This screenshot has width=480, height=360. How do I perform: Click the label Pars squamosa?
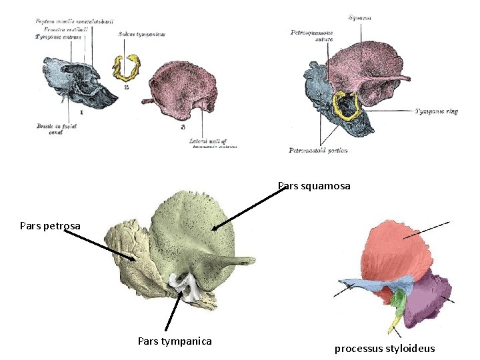point(313,186)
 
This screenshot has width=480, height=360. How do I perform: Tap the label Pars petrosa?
point(50,226)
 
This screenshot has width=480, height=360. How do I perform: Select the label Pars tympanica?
point(175,341)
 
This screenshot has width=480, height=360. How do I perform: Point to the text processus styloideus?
point(385,349)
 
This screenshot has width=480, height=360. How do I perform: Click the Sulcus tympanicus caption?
point(141,34)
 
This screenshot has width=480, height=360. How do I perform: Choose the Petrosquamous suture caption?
point(312,35)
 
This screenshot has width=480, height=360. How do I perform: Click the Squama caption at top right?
point(359,18)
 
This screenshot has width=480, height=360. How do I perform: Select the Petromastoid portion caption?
point(318,151)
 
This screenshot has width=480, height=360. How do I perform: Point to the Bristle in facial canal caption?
point(56,127)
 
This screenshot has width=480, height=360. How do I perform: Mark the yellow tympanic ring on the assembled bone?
point(347,105)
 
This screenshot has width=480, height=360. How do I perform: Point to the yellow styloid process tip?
point(394,327)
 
